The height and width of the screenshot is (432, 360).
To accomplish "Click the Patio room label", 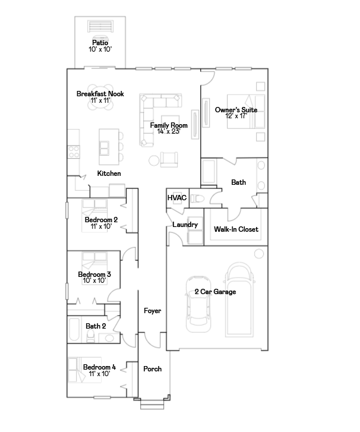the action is click(100, 43).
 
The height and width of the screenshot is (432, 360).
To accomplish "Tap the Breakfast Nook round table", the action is click(100, 97).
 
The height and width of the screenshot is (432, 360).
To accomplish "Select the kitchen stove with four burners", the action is click(74, 152).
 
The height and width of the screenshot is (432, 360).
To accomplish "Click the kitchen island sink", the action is click(104, 148).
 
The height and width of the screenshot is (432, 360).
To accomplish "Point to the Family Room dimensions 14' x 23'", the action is click(169, 132).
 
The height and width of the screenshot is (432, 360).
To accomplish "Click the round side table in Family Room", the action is click(154, 160).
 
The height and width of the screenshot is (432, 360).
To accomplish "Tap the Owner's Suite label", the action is click(236, 110).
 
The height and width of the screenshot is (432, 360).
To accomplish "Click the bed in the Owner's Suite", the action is click(246, 112).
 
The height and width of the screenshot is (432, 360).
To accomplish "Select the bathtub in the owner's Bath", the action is click(209, 172).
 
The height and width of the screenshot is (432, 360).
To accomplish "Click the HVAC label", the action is click(177, 198).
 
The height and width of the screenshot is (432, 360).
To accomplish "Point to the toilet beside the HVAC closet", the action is click(197, 198).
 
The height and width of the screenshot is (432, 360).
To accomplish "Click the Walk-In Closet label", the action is click(236, 229).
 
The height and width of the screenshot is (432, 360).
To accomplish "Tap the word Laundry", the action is click(185, 225).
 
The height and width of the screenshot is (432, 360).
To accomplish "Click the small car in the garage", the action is click(198, 304).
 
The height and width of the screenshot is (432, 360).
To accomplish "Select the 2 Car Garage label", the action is click(215, 292).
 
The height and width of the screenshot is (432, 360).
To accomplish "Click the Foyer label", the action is click(152, 311).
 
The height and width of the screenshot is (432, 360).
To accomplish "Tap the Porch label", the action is click(152, 369).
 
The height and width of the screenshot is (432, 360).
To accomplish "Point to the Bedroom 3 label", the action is click(94, 275).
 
